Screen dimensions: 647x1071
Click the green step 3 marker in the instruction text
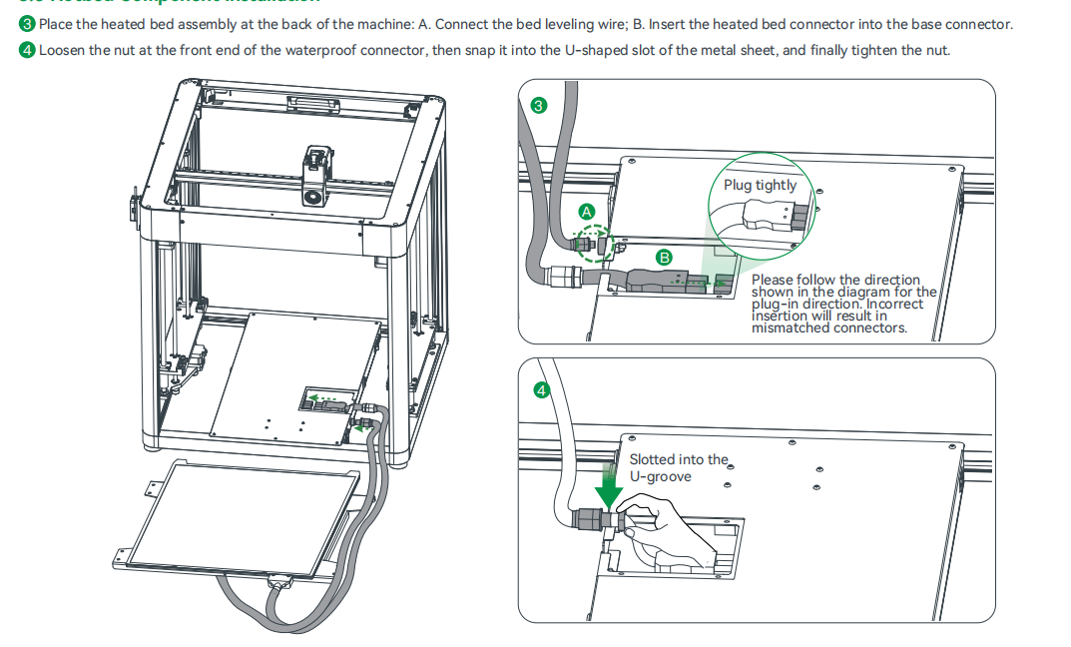click(28, 24)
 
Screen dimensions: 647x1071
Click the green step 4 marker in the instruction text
click(28, 50)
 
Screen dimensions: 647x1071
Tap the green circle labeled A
click(587, 212)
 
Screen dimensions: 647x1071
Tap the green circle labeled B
click(664, 257)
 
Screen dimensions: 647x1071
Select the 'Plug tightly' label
click(760, 185)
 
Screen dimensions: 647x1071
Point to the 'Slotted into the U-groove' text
click(679, 467)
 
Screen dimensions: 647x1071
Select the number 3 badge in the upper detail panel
click(540, 106)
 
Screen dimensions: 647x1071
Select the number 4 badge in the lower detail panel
click(542, 390)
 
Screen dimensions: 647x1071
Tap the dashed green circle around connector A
click(594, 243)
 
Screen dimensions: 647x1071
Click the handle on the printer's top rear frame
click(308, 104)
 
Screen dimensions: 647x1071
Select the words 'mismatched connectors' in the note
click(829, 327)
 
